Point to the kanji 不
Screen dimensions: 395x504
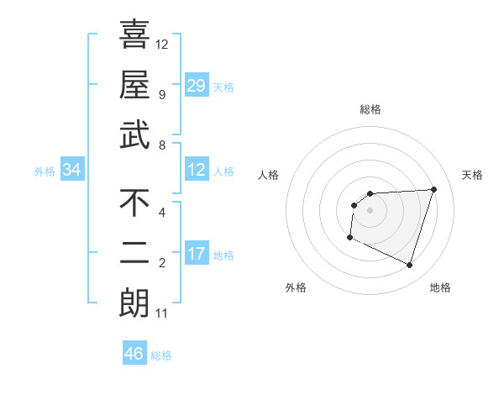pyautogui.click(x=134, y=203)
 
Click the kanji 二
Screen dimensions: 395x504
pyautogui.click(x=134, y=254)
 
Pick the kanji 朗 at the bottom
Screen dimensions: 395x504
pyautogui.click(x=134, y=304)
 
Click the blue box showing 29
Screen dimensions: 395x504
pyautogui.click(x=197, y=85)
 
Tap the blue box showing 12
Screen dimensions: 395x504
pyautogui.click(x=197, y=171)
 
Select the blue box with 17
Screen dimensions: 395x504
pyautogui.click(x=197, y=254)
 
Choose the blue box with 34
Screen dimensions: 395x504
pyautogui.click(x=72, y=171)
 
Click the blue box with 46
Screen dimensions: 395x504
pyautogui.click(x=134, y=354)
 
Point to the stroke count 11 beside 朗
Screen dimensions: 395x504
pyautogui.click(x=161, y=313)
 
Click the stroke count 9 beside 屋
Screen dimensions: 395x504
pyautogui.click(x=161, y=94)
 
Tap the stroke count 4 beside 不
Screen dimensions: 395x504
pyautogui.click(x=161, y=212)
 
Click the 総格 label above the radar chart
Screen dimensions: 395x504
pyautogui.click(x=370, y=109)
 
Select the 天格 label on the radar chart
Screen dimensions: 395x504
pyautogui.click(x=473, y=175)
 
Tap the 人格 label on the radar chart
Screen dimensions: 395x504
pyautogui.click(x=268, y=175)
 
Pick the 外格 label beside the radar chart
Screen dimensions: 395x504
pyautogui.click(x=296, y=287)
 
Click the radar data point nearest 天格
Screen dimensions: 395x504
pyautogui.click(x=433, y=189)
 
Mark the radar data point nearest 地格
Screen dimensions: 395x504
pyautogui.click(x=409, y=266)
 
